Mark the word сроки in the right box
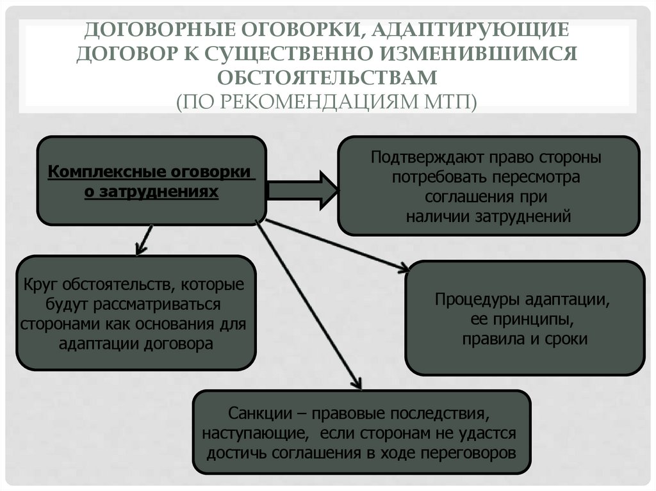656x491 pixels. click(x=566, y=339)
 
